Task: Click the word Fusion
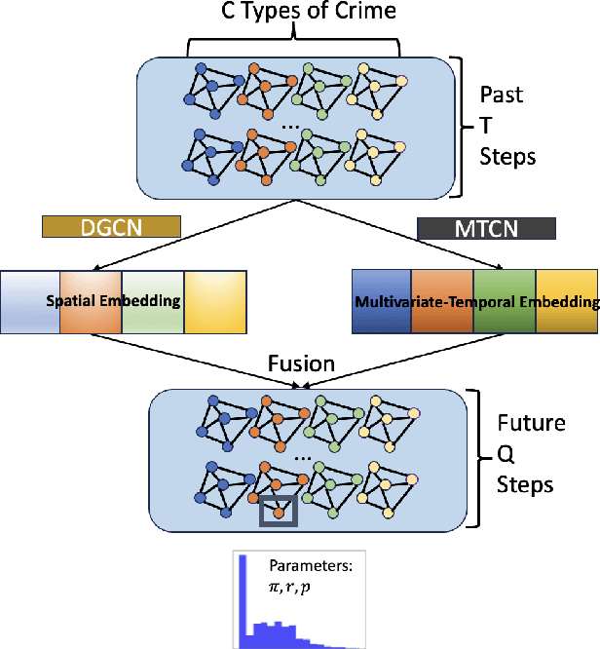(301, 364)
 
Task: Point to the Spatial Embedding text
(113, 301)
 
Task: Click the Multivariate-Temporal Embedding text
(477, 303)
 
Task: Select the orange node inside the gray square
(278, 510)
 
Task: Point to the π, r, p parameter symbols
(296, 589)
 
